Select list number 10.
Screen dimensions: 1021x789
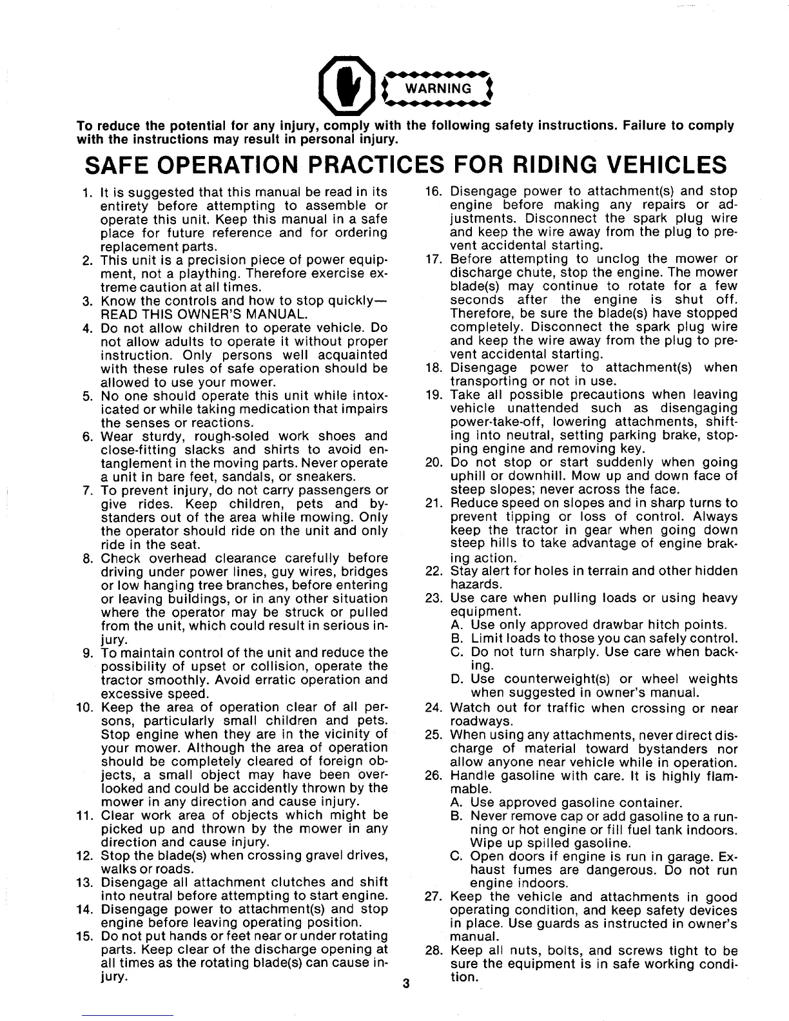86,707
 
